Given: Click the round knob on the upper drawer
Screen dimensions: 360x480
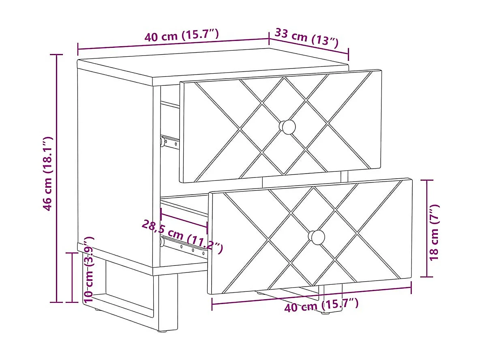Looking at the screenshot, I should pyautogui.click(x=288, y=127).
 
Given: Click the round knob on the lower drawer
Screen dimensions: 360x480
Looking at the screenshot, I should pyautogui.click(x=317, y=237).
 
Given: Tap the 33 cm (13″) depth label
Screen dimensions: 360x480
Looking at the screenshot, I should pyautogui.click(x=306, y=38).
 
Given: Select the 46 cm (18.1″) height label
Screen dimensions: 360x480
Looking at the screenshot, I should pyautogui.click(x=48, y=173).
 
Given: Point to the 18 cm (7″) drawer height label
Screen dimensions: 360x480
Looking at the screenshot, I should pyautogui.click(x=434, y=232).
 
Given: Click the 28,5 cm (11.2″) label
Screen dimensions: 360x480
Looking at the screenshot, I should pyautogui.click(x=182, y=236).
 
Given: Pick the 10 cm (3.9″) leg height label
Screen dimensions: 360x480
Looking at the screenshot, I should pyautogui.click(x=89, y=269).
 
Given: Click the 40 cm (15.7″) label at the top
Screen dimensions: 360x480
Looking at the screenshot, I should pyautogui.click(x=182, y=36).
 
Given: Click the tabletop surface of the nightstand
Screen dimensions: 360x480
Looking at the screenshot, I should pyautogui.click(x=211, y=63).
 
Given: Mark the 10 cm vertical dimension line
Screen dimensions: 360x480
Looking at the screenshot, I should pyautogui.click(x=72, y=277).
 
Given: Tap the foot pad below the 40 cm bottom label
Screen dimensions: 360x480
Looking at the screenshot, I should pyautogui.click(x=324, y=313).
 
